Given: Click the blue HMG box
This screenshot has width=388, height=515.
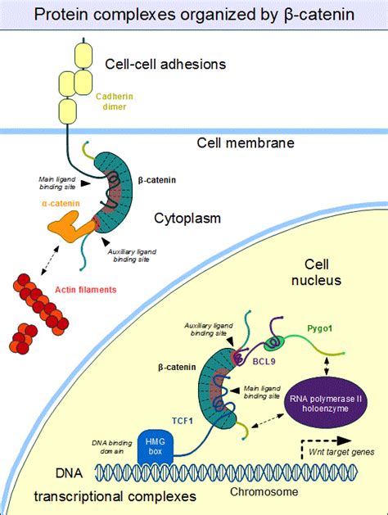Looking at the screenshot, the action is [x=155, y=447].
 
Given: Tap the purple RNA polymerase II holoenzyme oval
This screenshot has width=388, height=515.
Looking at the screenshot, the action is [x=325, y=404].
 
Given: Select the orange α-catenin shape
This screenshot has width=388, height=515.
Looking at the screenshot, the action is [x=71, y=227].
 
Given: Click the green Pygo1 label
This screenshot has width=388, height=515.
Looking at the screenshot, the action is [x=320, y=328].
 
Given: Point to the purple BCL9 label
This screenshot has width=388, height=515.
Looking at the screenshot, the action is [x=264, y=362].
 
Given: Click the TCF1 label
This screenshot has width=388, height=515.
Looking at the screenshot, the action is [x=183, y=421].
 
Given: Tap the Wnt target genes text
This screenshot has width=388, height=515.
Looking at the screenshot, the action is [x=341, y=452].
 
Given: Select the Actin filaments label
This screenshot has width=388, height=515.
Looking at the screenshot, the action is [x=86, y=290].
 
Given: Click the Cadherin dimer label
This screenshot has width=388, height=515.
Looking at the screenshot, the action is [x=115, y=102].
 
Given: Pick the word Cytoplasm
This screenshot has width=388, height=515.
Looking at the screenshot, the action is [x=187, y=218].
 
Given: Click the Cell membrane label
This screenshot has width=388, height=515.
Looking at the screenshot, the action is [x=246, y=142].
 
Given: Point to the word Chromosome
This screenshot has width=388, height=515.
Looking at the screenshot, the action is [x=264, y=492].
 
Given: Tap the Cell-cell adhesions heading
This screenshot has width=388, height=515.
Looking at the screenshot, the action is [x=165, y=64].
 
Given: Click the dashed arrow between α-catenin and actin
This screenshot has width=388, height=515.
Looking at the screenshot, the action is [x=50, y=260].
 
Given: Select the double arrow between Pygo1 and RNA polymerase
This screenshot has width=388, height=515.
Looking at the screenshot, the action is [x=327, y=366].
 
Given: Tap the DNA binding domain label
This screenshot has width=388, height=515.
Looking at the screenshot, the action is [x=111, y=447].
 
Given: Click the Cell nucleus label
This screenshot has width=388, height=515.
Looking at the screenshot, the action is [x=317, y=273].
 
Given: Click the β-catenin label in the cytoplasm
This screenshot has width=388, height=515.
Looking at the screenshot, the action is [x=157, y=180].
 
